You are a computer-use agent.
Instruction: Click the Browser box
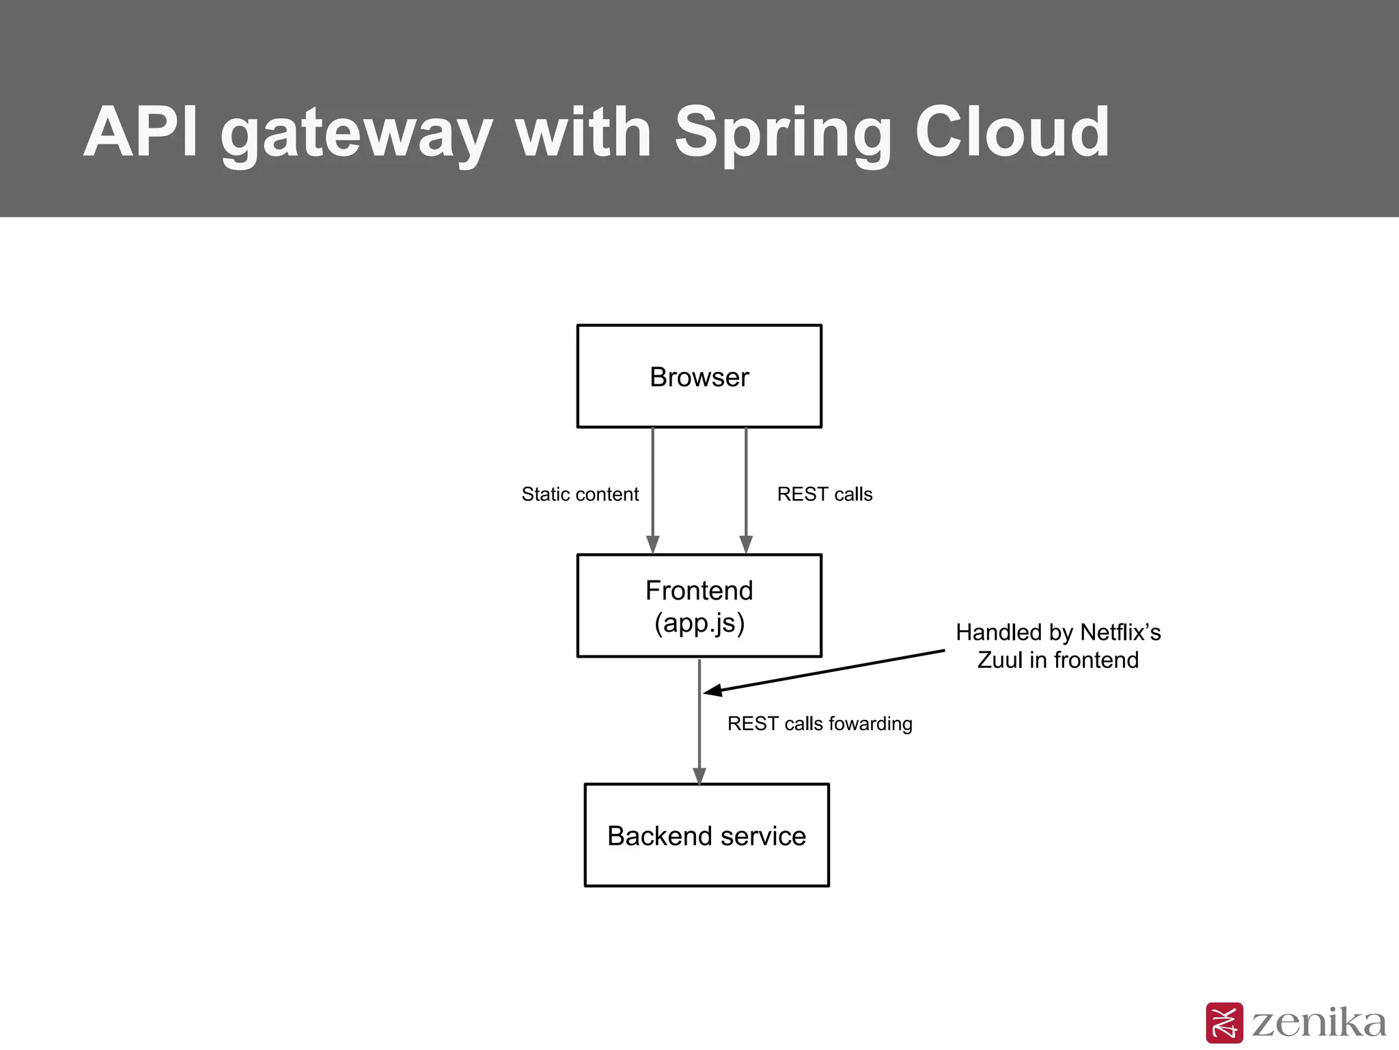(699, 377)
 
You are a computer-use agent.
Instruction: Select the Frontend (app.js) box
(699, 606)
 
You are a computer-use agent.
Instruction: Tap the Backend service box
(706, 835)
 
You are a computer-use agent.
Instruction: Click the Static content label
(580, 494)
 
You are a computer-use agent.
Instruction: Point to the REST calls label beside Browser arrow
(825, 494)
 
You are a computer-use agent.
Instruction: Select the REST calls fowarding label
(819, 723)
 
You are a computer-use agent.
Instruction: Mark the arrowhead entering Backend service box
(699, 776)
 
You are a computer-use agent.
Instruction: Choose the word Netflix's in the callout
(1120, 632)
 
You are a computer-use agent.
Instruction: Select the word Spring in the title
(783, 133)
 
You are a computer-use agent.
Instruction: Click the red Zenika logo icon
(1224, 1023)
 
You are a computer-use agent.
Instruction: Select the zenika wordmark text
(1318, 1023)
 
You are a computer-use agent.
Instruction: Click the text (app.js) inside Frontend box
(699, 623)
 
